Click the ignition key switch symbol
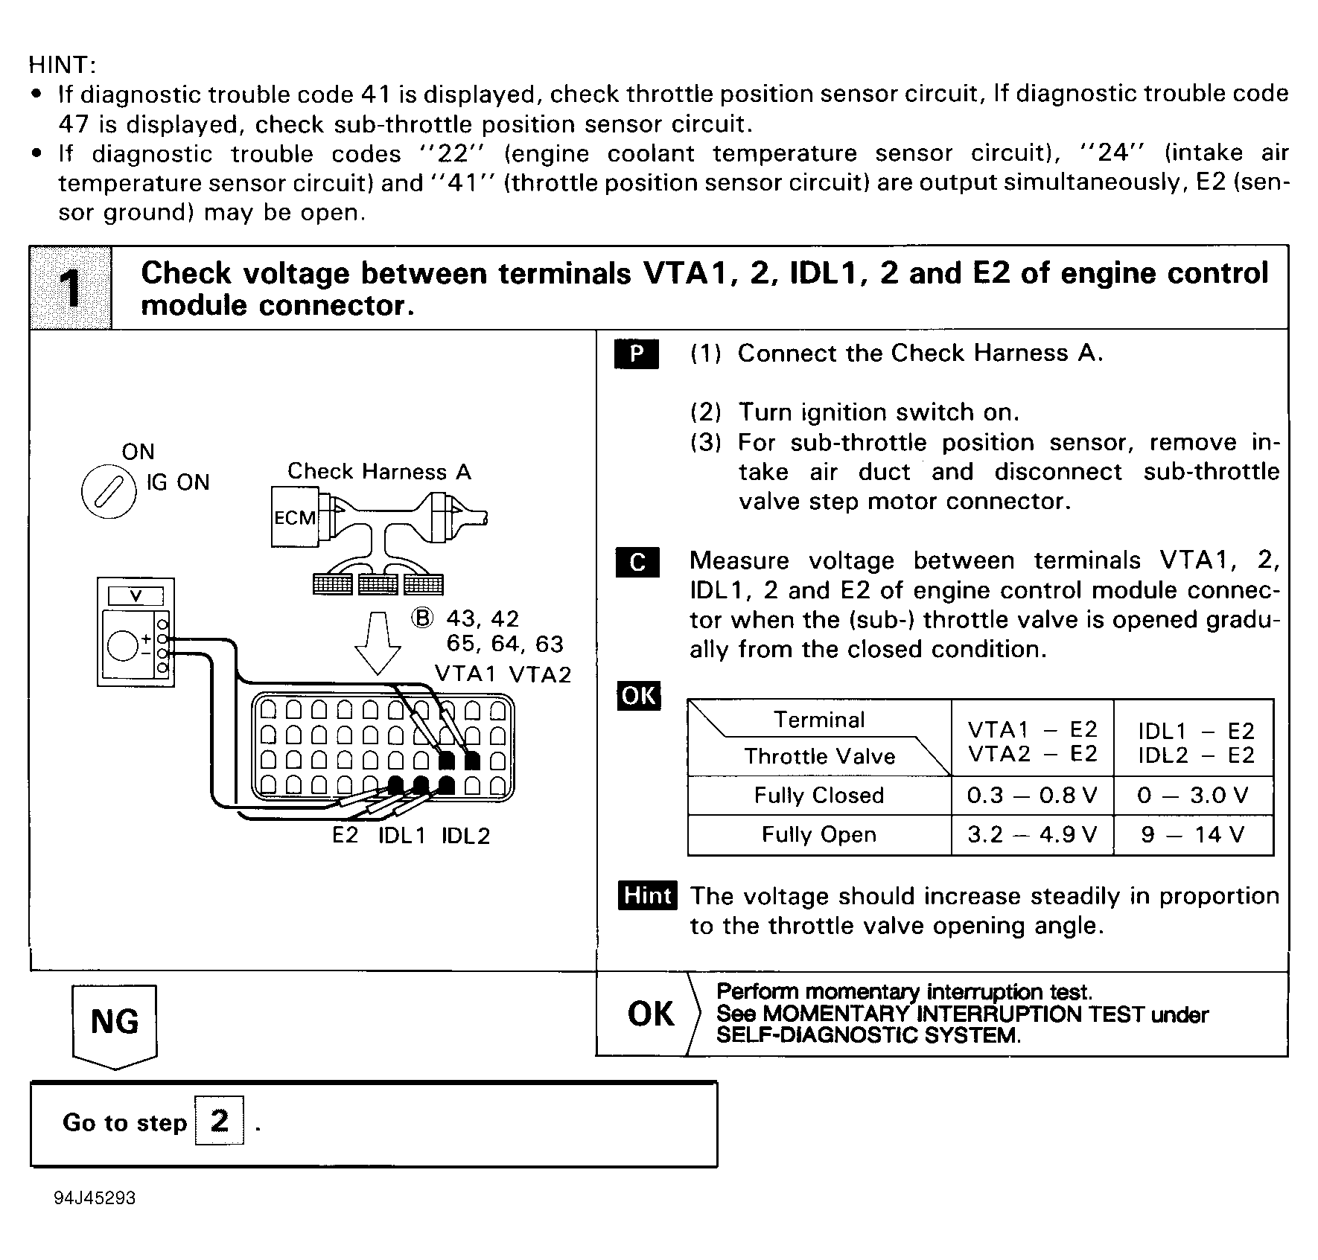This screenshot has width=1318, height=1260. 109,496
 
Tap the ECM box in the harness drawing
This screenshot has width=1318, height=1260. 295,517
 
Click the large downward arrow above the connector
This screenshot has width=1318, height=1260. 378,643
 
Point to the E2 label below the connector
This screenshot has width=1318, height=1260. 345,835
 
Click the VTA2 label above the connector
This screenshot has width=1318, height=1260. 540,674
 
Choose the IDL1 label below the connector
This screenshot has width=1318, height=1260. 401,836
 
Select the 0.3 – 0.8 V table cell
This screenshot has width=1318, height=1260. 1032,796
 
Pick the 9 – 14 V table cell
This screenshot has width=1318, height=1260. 1193,835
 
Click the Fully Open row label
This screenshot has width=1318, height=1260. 818,835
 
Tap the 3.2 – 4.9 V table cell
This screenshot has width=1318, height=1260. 1032,835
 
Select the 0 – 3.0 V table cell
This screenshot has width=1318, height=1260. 1193,796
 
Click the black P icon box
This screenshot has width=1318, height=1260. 636,354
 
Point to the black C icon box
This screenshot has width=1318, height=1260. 637,562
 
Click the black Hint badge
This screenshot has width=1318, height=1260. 647,895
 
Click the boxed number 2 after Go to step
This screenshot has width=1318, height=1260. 219,1121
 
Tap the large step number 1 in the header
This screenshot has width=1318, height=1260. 71,289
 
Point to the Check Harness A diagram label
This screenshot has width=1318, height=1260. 379,471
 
